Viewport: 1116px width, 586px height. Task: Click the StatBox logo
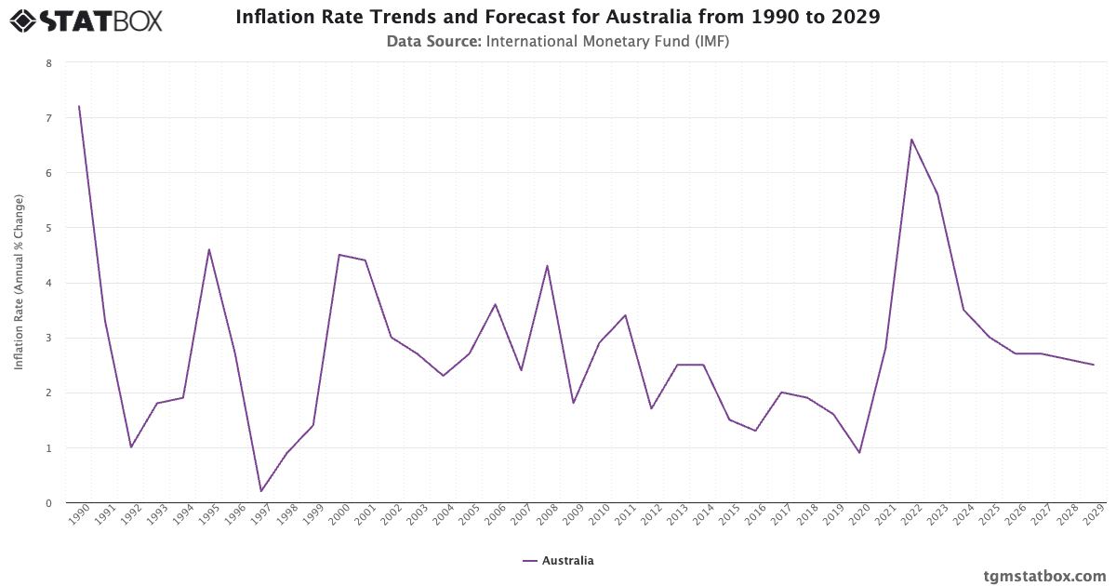pos(86,20)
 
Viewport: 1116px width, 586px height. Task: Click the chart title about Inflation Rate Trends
pos(558,17)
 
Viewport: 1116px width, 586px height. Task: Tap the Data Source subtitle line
pos(558,41)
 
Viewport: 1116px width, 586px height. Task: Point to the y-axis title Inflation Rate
pos(19,283)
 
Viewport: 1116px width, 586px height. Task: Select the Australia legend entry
pos(558,561)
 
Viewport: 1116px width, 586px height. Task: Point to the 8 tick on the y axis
pos(48,63)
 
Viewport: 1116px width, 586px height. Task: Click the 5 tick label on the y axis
pos(48,228)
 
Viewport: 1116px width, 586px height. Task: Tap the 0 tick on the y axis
pos(48,503)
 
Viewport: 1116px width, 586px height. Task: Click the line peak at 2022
pos(911,140)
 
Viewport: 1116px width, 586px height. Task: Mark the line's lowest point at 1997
pos(261,491)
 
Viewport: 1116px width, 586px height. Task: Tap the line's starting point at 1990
pos(79,106)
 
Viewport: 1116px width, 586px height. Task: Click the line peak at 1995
pos(209,249)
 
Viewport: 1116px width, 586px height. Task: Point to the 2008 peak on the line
pos(547,266)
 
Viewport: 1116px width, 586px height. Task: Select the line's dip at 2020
pos(859,453)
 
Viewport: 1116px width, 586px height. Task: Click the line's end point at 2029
pos(1094,365)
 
